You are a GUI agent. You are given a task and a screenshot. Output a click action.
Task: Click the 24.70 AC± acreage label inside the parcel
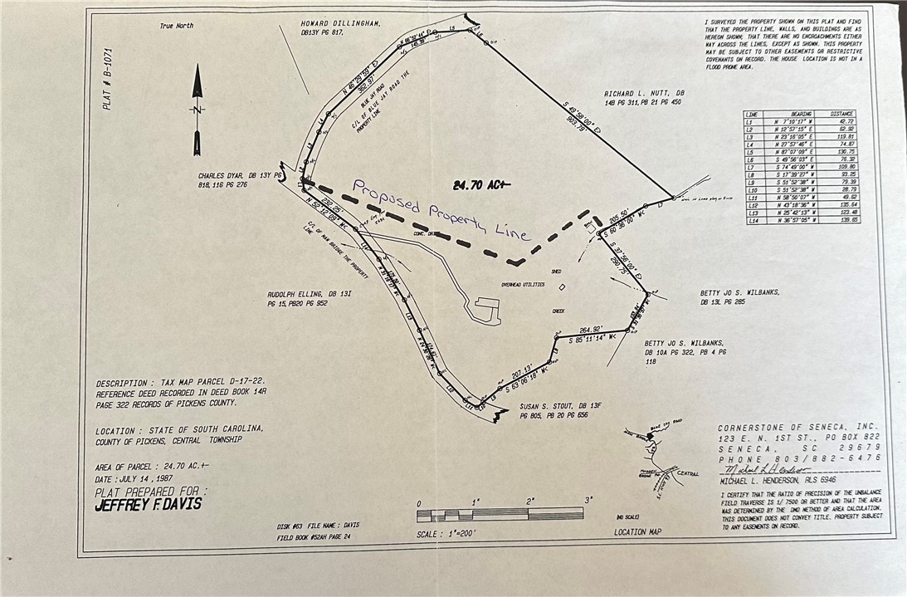482,184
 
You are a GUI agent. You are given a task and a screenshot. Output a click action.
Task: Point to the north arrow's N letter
197,109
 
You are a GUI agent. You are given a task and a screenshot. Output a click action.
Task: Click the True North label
177,26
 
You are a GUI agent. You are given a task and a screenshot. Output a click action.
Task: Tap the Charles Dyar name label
233,176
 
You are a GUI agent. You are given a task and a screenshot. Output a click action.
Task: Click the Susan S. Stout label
558,406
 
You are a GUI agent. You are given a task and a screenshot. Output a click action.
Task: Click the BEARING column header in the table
801,114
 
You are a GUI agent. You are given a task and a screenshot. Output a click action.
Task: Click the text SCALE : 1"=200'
446,534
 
